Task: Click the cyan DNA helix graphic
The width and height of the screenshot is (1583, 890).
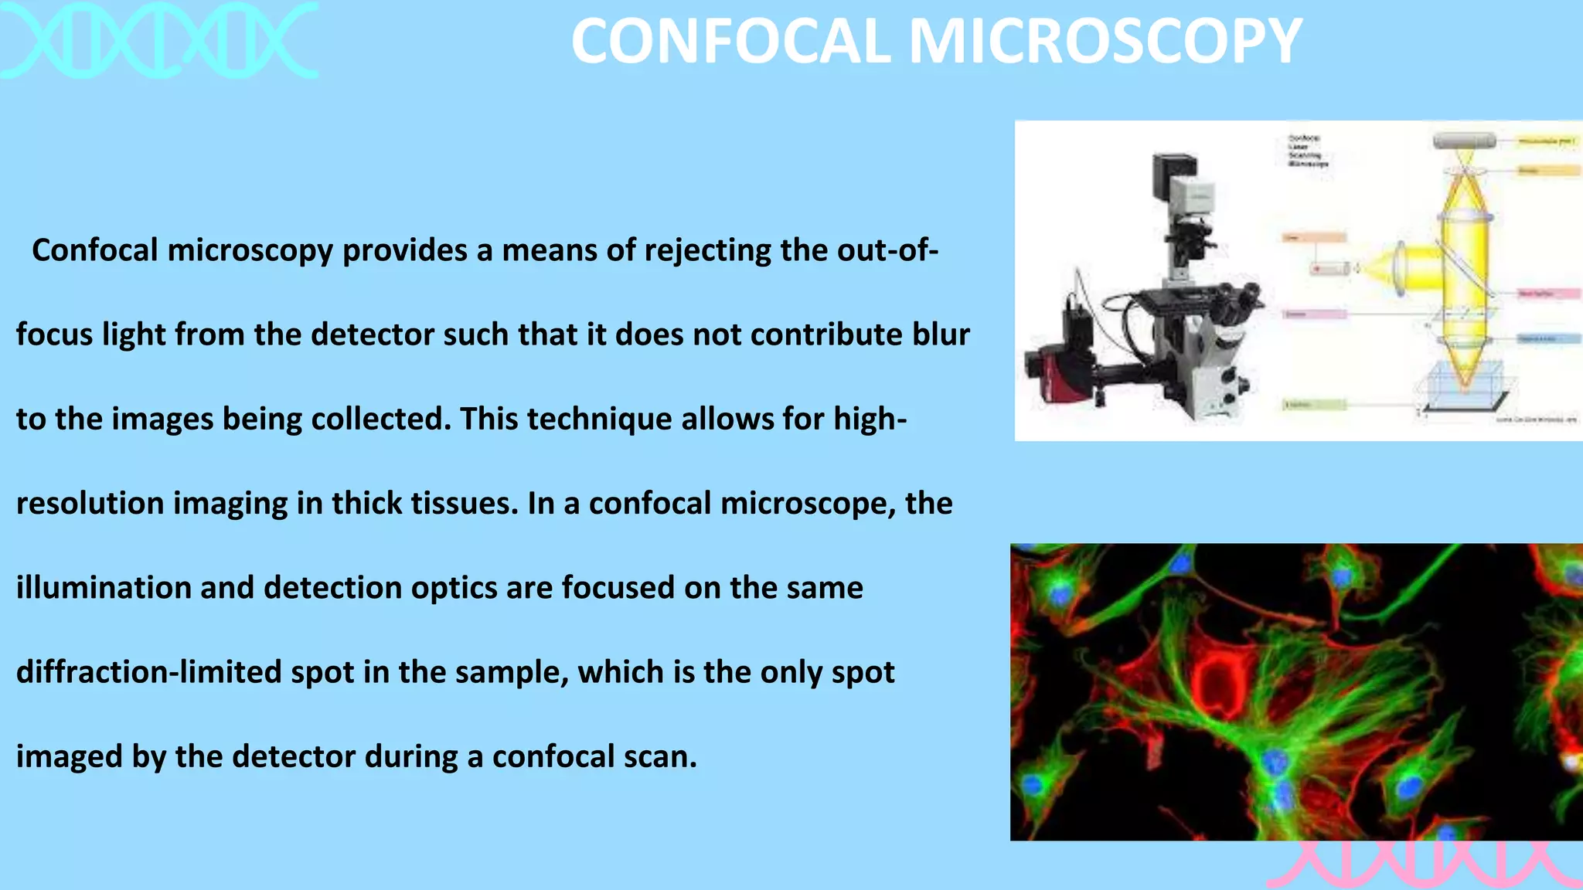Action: click(x=158, y=40)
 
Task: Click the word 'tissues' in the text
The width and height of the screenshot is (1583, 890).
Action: click(x=464, y=503)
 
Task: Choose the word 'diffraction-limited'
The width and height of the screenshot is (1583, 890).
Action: click(x=148, y=672)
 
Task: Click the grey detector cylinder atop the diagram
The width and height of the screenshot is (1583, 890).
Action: click(x=1464, y=141)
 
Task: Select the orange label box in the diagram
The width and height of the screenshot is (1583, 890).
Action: click(x=1314, y=237)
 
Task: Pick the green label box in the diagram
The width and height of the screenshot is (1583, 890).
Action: click(x=1314, y=404)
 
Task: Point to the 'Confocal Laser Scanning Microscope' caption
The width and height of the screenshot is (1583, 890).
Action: click(x=1308, y=151)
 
